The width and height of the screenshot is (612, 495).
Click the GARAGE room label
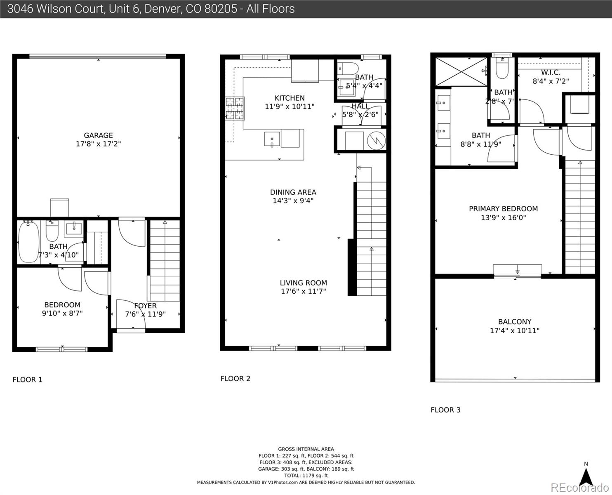[x=98, y=135]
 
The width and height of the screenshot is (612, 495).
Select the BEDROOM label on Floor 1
[x=62, y=305]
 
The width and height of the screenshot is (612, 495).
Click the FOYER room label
[x=145, y=306]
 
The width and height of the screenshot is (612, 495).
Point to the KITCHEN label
[x=290, y=98]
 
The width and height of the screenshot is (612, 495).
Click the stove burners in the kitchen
[x=235, y=108]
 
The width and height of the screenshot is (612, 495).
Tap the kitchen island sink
[x=272, y=139]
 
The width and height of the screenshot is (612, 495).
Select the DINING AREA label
[x=293, y=192]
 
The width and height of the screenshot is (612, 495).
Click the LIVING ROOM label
[x=303, y=283]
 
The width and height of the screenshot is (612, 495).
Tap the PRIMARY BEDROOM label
[x=503, y=209]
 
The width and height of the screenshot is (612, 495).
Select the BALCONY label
[x=514, y=322]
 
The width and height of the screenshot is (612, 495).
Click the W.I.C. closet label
[x=551, y=73]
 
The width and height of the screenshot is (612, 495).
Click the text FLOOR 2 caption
[x=235, y=379]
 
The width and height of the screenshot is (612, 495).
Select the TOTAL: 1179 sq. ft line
[x=306, y=476]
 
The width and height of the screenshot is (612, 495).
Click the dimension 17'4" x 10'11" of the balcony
[x=514, y=330]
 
